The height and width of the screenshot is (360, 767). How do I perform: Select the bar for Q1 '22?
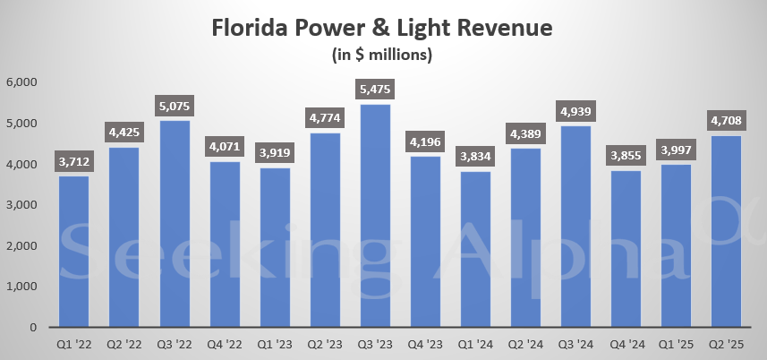(x=74, y=251)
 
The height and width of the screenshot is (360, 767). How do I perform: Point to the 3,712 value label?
(x=74, y=162)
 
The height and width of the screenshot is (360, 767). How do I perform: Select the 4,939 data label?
(x=575, y=112)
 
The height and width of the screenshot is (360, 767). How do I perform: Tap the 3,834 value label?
(x=475, y=157)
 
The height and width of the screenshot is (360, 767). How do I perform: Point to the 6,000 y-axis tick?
(x=21, y=82)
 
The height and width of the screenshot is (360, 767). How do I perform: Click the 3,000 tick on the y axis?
(x=21, y=205)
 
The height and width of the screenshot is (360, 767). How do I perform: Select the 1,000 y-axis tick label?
(x=21, y=287)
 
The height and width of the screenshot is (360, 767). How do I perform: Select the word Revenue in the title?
(x=503, y=28)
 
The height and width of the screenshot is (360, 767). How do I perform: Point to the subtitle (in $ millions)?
(x=382, y=56)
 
